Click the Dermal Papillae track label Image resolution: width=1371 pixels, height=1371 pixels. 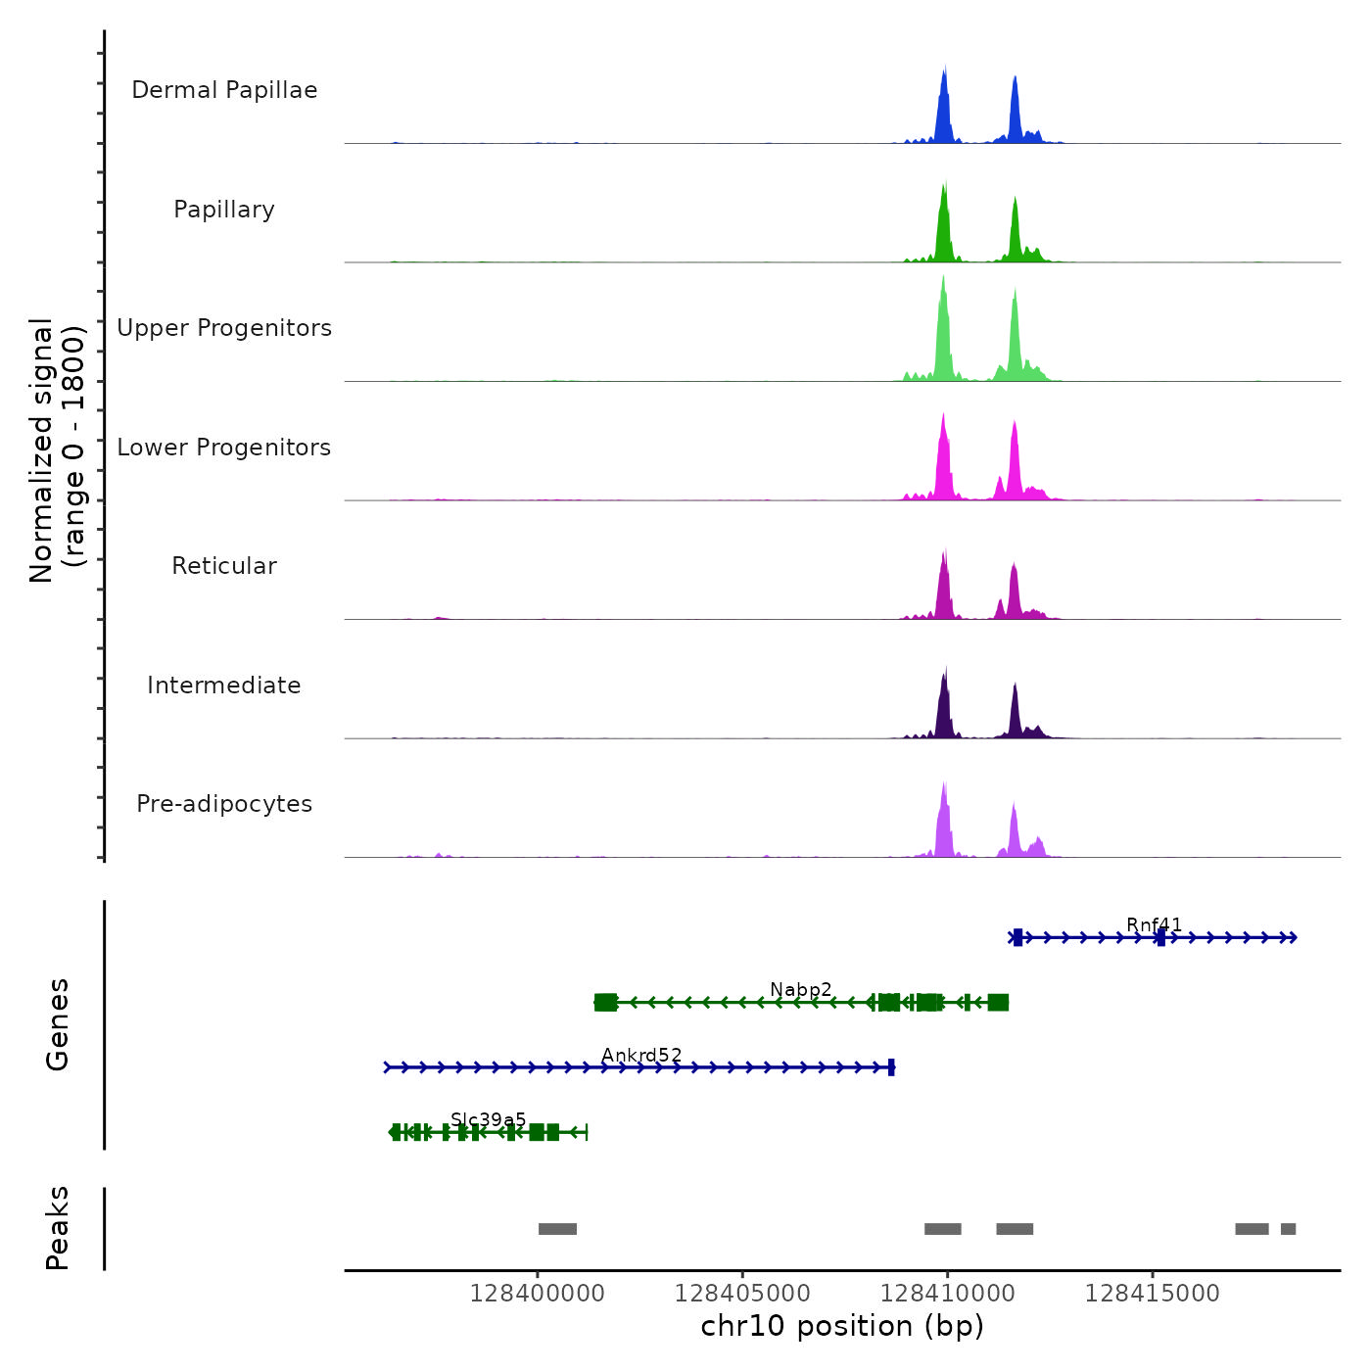tap(224, 90)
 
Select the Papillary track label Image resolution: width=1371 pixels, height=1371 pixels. tap(224, 210)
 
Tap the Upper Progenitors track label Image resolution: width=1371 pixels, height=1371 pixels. tap(224, 328)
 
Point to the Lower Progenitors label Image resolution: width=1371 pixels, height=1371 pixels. tap(224, 448)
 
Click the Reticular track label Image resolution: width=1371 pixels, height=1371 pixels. tap(224, 566)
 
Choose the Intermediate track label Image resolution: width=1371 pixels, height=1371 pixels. tap(224, 685)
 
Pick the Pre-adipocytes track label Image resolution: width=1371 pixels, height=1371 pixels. tap(224, 804)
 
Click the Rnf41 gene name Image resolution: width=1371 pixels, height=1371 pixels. tap(1154, 924)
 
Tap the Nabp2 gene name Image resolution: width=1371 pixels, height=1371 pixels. tap(800, 989)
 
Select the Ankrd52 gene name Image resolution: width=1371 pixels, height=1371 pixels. tap(641, 1055)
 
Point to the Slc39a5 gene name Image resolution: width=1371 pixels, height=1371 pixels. tap(488, 1119)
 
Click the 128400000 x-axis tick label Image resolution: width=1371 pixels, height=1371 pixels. tap(537, 1293)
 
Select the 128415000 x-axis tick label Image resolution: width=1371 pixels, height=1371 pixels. tap(1152, 1293)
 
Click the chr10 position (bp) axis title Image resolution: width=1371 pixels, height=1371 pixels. tap(842, 1326)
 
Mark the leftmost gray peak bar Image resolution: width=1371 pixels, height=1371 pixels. tap(557, 1229)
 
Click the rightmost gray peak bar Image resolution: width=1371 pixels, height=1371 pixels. tap(1288, 1229)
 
